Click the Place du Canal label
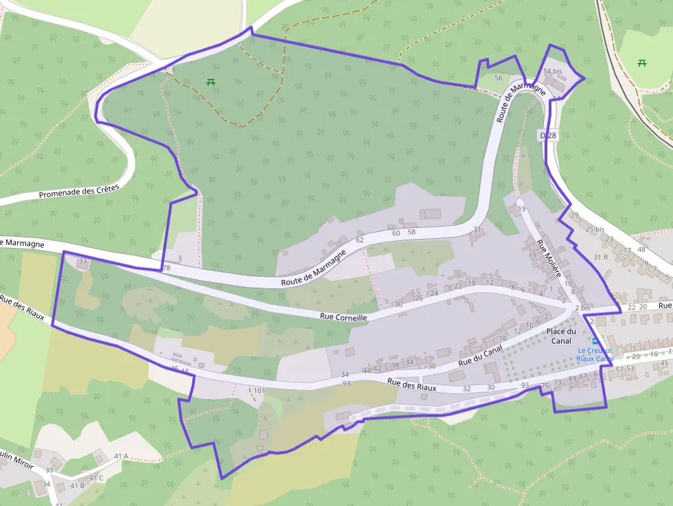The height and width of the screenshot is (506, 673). [x=560, y=336]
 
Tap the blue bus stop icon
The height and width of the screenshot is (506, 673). [x=595, y=341]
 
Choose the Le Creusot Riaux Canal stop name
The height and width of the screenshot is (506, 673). [x=595, y=354]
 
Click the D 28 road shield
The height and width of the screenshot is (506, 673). [x=547, y=136]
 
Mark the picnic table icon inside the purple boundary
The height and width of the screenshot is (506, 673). [x=210, y=82]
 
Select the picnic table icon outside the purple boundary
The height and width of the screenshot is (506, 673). [x=642, y=63]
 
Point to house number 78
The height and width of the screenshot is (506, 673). [x=166, y=268]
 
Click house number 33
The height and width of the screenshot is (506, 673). [x=83, y=261]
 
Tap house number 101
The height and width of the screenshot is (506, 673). [x=259, y=391]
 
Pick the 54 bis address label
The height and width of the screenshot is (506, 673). [x=552, y=71]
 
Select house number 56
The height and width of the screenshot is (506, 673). [x=499, y=78]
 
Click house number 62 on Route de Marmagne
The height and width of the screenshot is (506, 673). [x=359, y=240]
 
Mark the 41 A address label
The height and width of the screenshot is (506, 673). [x=121, y=456]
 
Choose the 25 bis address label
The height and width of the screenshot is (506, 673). [x=595, y=229]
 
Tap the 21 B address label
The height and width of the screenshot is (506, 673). [x=601, y=257]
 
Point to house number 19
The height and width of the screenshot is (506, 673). [x=521, y=209]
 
